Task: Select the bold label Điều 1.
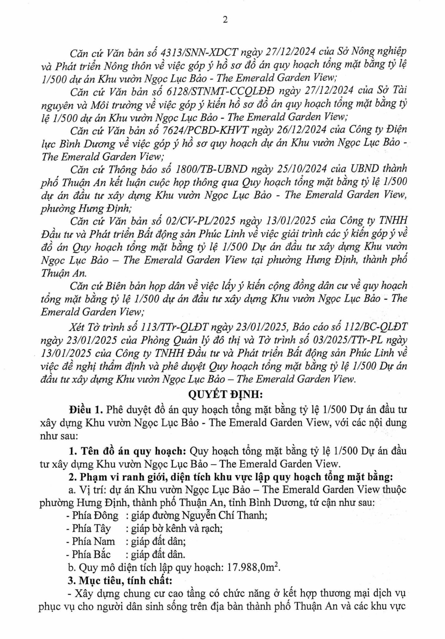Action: click(85, 409)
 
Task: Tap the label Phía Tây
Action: click(91, 528)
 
